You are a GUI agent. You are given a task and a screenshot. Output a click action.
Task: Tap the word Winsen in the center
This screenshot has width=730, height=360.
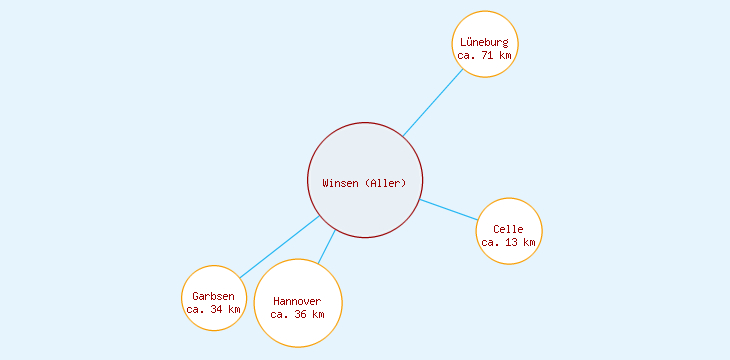[x=340, y=183]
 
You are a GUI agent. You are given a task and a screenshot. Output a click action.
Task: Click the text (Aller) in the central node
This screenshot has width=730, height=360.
[x=386, y=183]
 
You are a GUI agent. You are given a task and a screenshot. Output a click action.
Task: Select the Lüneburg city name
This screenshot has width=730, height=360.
[x=485, y=43]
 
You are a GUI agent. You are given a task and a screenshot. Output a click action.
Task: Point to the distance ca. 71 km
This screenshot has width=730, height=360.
[x=485, y=56]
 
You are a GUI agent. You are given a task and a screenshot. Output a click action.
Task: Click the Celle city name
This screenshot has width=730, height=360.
[x=508, y=229]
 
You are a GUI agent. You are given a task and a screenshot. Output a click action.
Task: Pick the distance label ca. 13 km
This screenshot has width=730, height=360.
[x=508, y=242]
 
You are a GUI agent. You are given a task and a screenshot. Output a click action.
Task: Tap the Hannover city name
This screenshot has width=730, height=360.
[x=297, y=301]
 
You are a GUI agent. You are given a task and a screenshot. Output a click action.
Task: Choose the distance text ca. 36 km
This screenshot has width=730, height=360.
[x=297, y=314]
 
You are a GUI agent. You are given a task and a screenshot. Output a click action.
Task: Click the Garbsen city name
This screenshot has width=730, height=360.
[x=213, y=296]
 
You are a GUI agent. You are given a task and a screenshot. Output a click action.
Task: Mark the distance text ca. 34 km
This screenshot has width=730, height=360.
[x=213, y=309]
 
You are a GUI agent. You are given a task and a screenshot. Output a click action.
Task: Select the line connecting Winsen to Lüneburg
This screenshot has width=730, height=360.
[x=432, y=102]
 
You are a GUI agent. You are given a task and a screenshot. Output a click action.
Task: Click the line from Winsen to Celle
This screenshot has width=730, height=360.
[x=448, y=209]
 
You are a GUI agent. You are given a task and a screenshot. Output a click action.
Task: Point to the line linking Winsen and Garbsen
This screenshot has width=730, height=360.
[x=279, y=247]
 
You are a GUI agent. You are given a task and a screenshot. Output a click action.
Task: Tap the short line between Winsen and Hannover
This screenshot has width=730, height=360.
[x=327, y=247]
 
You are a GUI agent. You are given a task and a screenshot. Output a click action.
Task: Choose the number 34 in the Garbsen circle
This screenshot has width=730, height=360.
[x=216, y=309]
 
